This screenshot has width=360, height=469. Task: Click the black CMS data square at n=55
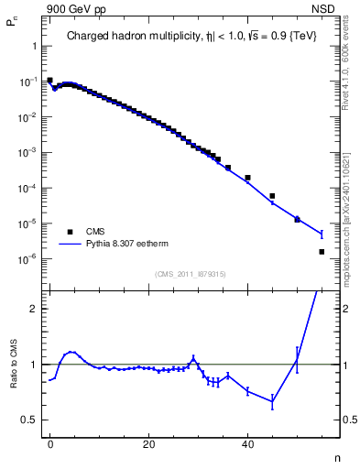click(322, 251)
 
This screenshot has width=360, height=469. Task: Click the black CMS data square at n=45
click(272, 196)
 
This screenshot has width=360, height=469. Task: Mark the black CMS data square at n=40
click(247, 178)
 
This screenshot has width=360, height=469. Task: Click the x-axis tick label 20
click(148, 443)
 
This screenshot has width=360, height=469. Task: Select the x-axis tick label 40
click(247, 443)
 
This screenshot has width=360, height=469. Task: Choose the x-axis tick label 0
click(49, 443)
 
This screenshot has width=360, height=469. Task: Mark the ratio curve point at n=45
click(272, 401)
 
